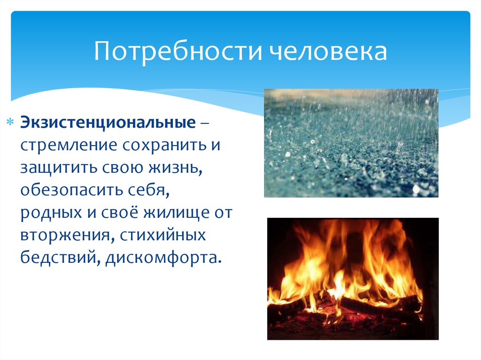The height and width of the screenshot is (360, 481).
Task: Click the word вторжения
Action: coord(62,235)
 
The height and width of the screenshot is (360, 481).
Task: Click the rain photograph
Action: coord(351,143)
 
